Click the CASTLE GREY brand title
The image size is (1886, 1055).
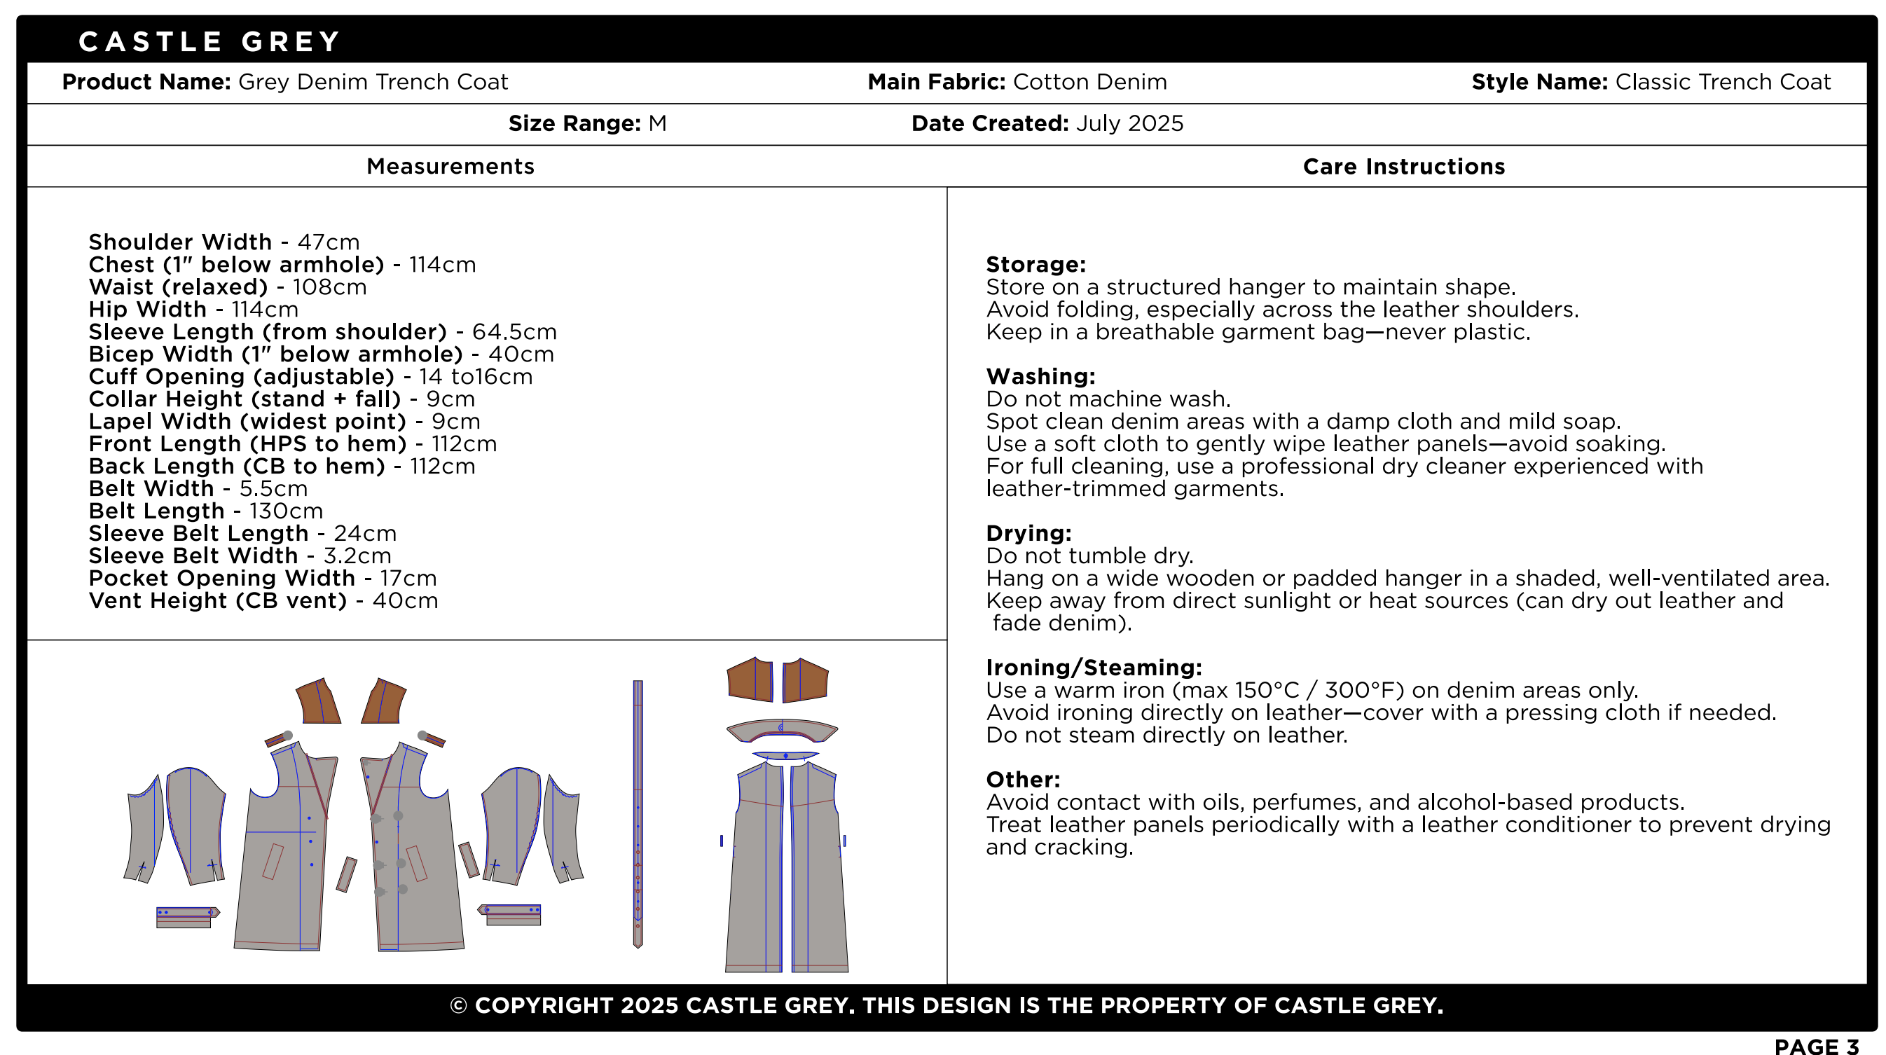pos(209,42)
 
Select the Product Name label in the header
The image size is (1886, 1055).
pos(146,82)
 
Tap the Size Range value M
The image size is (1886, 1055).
pos(656,124)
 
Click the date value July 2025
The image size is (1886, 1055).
pos(1129,124)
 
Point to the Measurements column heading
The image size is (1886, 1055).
pos(450,167)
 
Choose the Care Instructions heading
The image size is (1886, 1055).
pos(1403,167)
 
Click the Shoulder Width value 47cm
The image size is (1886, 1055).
pos(328,242)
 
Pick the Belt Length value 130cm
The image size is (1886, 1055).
pos(286,511)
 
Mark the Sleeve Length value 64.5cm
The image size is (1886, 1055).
pos(514,331)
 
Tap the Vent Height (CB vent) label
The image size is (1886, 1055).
pos(217,601)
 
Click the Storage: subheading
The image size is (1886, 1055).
pos(1035,264)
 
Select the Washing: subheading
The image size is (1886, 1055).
pos(1040,376)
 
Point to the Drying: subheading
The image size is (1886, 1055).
pos(1028,533)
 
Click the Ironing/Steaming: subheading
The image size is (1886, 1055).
pos(1093,668)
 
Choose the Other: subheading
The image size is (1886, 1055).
pos(1022,780)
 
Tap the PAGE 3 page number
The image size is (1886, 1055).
pos(1817,1047)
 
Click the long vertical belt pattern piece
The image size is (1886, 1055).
pos(638,813)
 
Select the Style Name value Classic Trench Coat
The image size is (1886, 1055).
pos(1723,82)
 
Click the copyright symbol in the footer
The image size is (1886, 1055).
pos(458,1006)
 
